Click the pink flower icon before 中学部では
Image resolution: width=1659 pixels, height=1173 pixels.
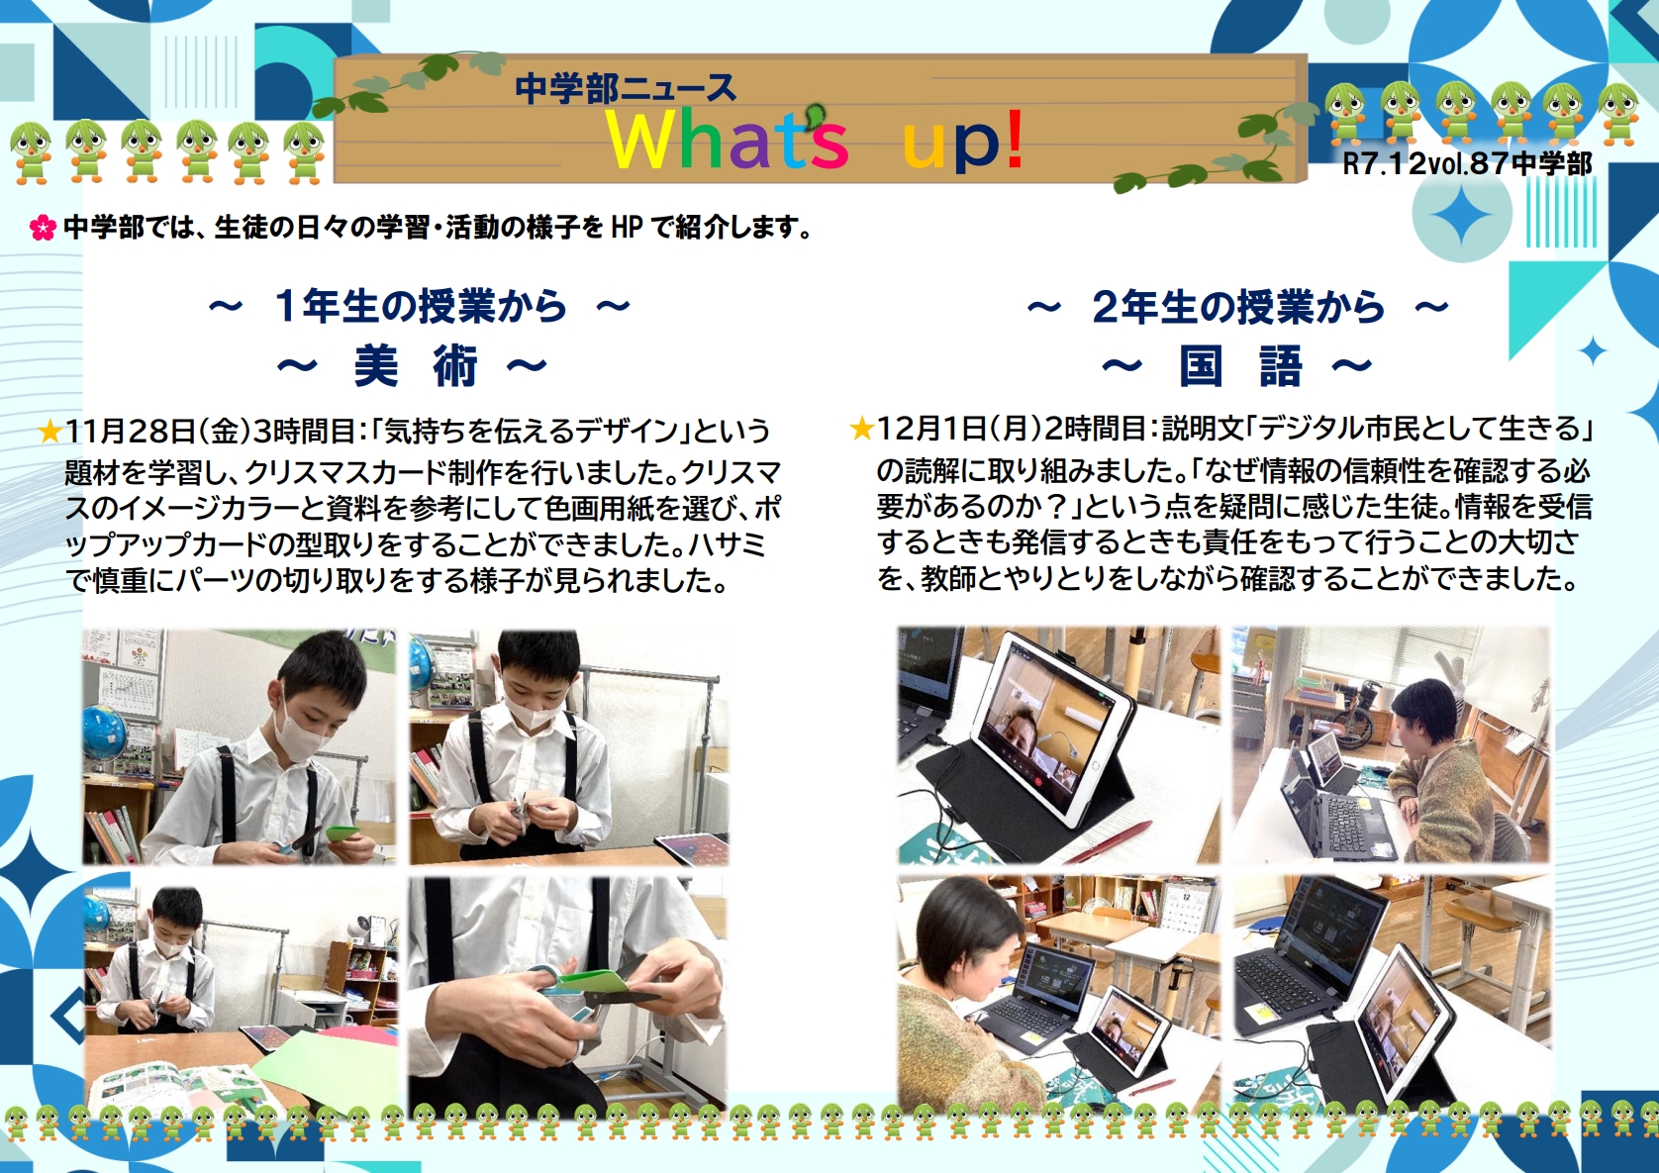43,228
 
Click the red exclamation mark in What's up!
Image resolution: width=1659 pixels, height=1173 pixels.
1016,140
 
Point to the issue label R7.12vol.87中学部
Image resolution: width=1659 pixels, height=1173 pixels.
1467,163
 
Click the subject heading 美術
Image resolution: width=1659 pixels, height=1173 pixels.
416,366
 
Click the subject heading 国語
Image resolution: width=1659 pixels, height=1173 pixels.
1240,366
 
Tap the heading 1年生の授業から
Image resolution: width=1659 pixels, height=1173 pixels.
419,306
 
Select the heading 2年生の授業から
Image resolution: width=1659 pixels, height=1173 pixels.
1237,306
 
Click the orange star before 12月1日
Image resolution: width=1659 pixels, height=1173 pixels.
861,429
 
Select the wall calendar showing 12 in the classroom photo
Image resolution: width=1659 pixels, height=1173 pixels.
1186,918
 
